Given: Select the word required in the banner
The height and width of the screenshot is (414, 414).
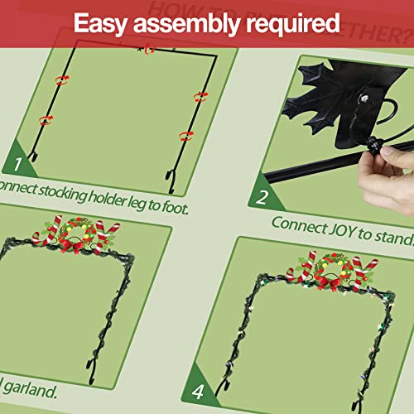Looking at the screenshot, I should (293, 22).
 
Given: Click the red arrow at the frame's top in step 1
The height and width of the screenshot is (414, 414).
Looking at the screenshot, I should (150, 49).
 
